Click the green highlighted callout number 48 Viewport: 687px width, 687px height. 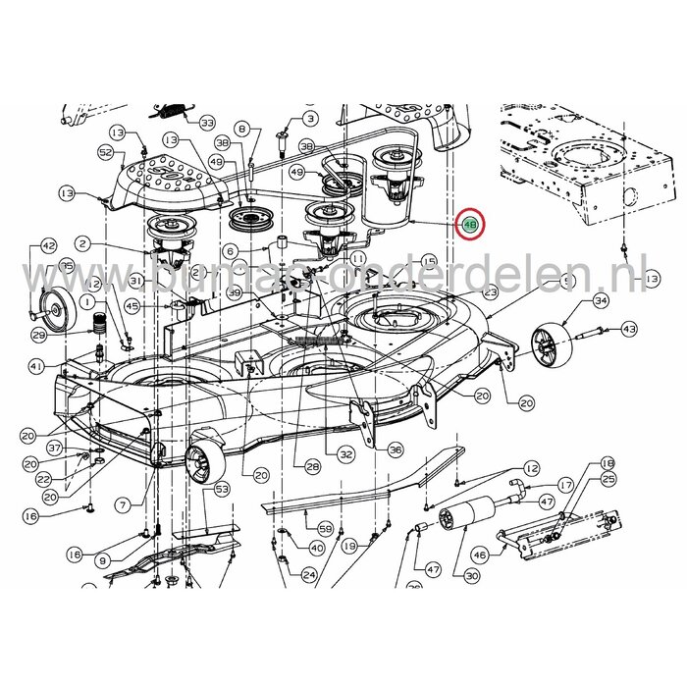pyautogui.click(x=471, y=225)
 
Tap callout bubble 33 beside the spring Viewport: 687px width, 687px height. pyautogui.click(x=206, y=123)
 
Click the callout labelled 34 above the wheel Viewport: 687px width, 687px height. pyautogui.click(x=601, y=300)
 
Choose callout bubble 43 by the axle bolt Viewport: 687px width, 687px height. pyautogui.click(x=629, y=329)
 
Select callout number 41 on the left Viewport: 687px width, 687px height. pyautogui.click(x=36, y=366)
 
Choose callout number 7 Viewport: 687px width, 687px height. pyautogui.click(x=123, y=504)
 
